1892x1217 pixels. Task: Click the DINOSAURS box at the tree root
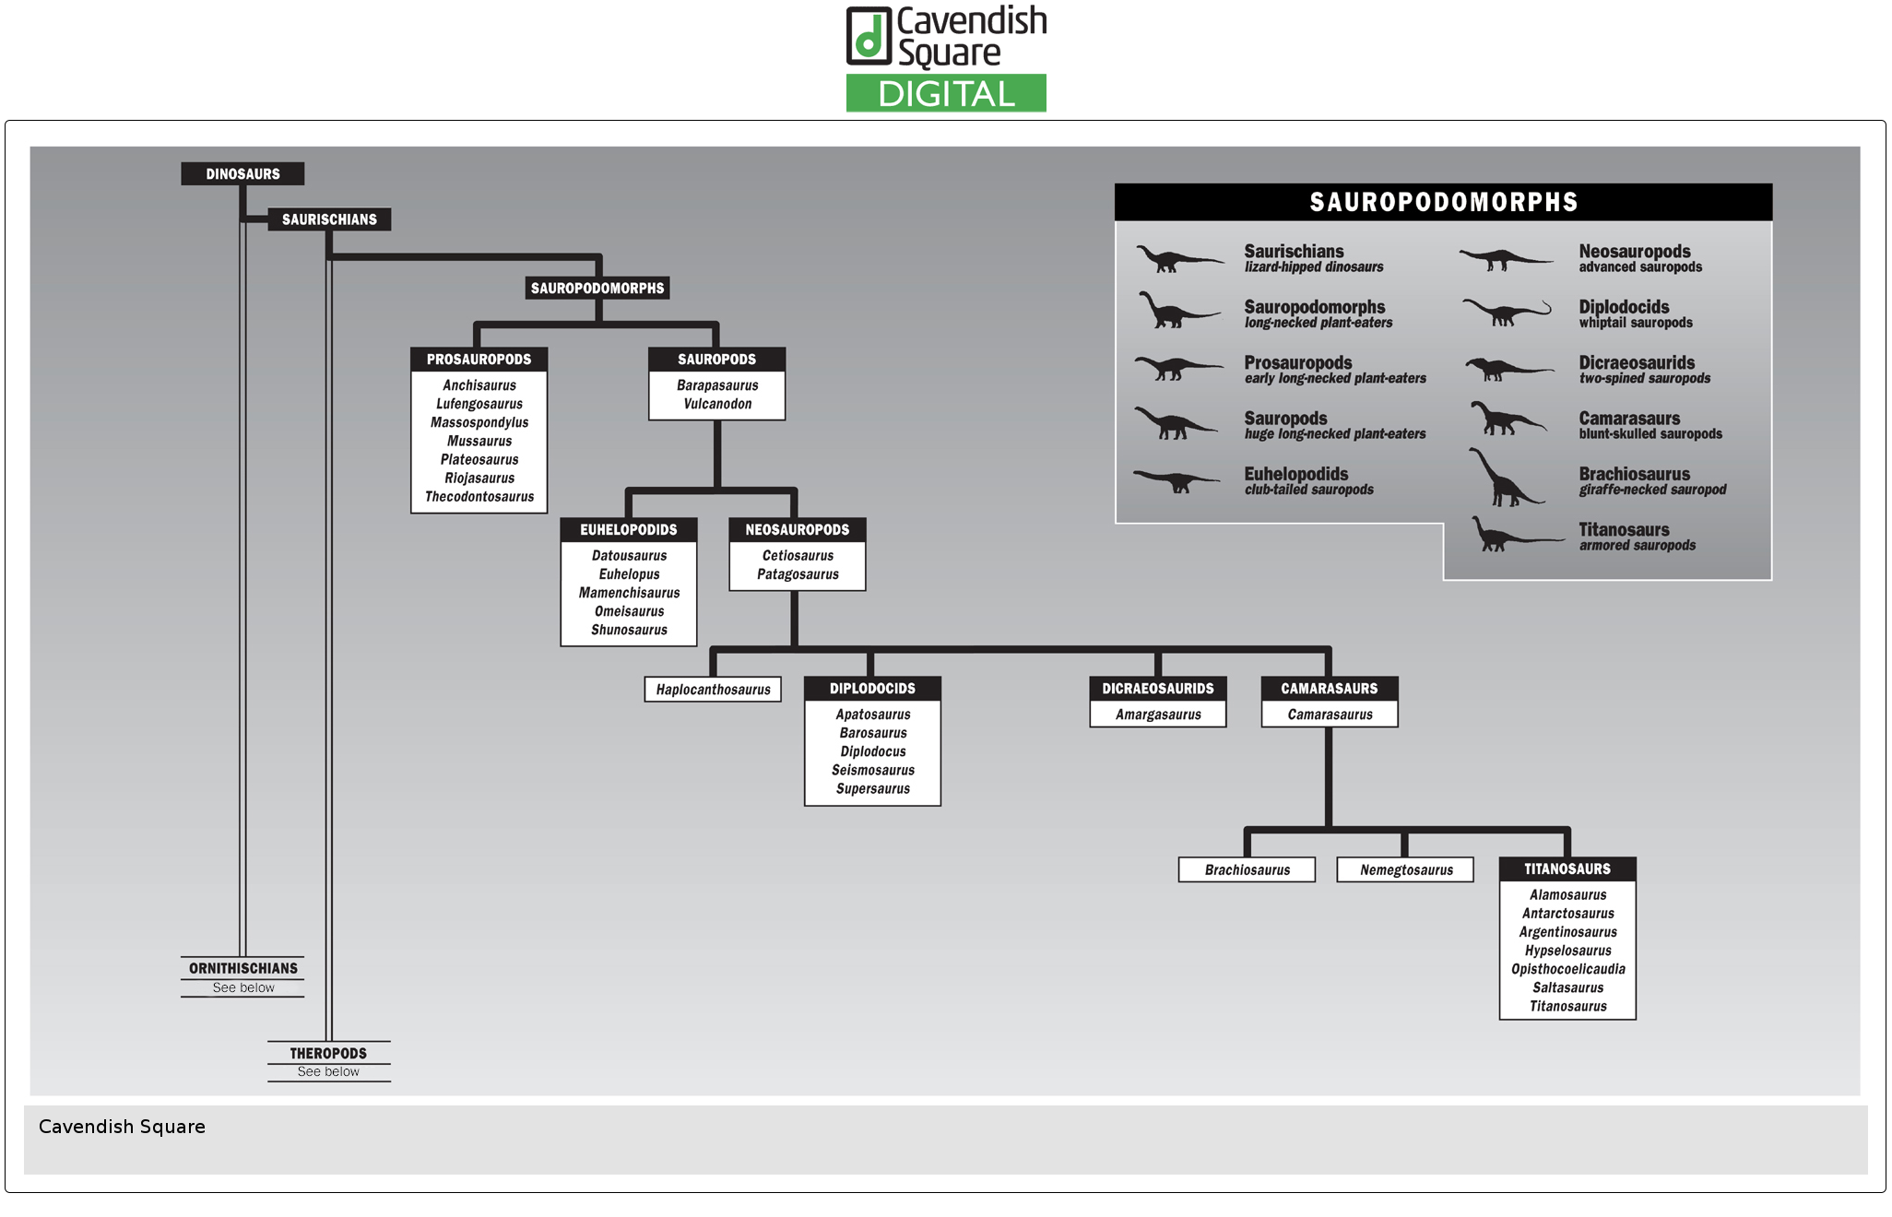click(x=242, y=174)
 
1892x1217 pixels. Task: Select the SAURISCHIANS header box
click(x=329, y=219)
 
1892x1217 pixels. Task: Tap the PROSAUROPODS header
click(x=479, y=360)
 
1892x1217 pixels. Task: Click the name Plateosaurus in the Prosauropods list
click(x=479, y=460)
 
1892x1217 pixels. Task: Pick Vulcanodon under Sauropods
click(x=717, y=404)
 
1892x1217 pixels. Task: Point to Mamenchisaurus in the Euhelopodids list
click(x=629, y=593)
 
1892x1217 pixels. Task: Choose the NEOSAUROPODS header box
click(x=797, y=530)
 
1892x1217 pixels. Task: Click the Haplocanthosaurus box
click(x=713, y=690)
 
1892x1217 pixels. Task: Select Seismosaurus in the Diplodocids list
click(x=872, y=771)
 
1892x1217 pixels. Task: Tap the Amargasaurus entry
click(x=1158, y=715)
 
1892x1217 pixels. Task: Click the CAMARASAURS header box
click(x=1329, y=689)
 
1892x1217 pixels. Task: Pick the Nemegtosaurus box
click(x=1405, y=870)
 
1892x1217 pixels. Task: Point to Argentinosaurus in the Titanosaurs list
click(x=1567, y=932)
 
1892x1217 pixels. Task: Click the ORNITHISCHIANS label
click(x=243, y=968)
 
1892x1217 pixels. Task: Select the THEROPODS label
click(x=328, y=1053)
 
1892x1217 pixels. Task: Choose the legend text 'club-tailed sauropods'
click(x=1308, y=490)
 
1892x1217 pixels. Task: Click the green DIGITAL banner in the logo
click(x=946, y=94)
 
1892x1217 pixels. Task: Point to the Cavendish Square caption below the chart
click(x=122, y=1127)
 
